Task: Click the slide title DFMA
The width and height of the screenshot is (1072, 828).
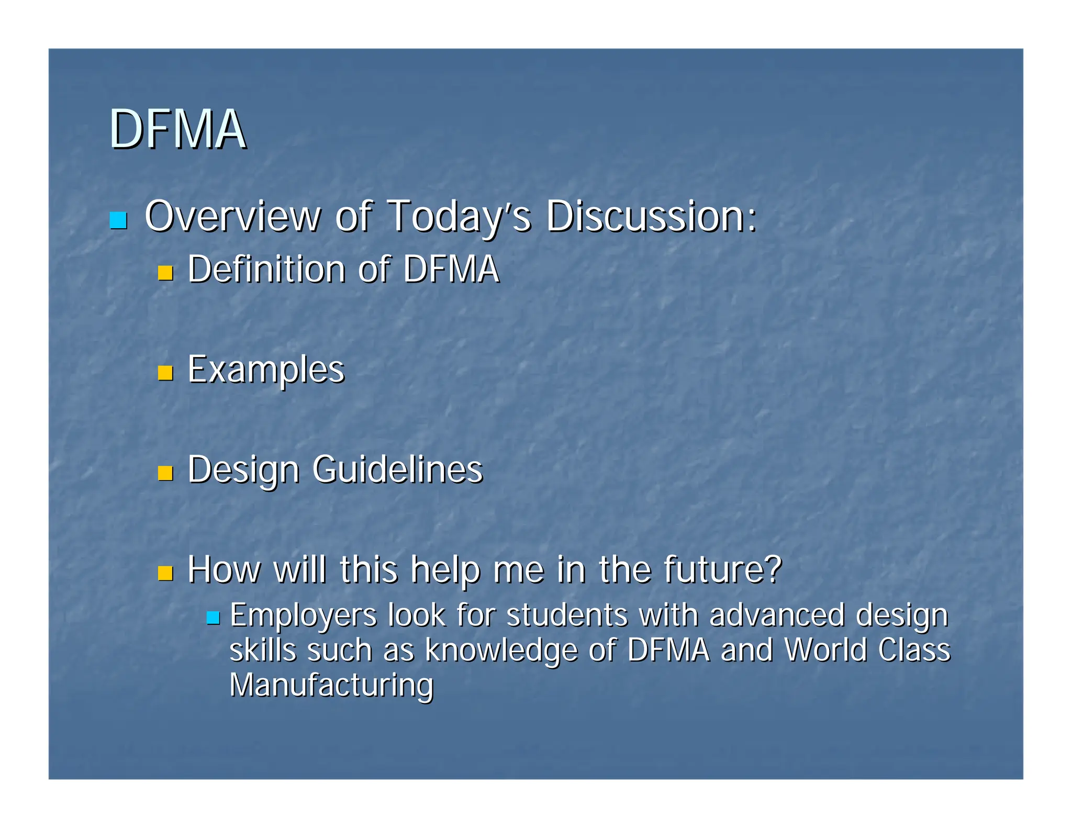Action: (177, 129)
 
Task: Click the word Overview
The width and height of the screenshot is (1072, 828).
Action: (232, 216)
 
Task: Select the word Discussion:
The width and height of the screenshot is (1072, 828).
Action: (651, 216)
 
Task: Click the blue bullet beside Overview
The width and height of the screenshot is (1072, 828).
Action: (118, 220)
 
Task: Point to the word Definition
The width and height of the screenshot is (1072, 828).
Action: (266, 270)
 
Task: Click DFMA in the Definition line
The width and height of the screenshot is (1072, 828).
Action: (451, 270)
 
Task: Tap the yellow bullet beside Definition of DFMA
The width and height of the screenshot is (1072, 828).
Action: (165, 273)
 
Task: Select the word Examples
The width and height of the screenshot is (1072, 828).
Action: (266, 370)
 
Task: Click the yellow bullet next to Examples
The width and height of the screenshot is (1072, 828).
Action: (165, 373)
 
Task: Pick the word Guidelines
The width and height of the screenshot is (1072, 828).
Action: (397, 469)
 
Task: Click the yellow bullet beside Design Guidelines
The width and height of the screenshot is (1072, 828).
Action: (165, 473)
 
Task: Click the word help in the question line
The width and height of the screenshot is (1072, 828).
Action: (445, 570)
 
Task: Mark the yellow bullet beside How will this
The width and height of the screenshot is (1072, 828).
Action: (165, 573)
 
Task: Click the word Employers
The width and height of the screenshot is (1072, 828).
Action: (303, 616)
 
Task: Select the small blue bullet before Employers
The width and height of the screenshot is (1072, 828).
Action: (213, 618)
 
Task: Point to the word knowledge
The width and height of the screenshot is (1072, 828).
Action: (501, 651)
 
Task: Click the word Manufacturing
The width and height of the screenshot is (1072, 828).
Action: (331, 685)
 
